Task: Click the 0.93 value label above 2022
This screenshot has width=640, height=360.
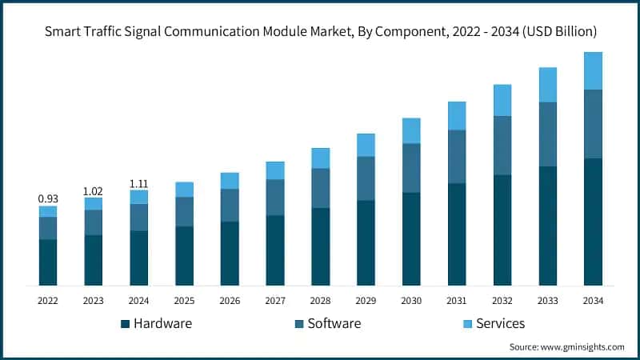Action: tap(48, 198)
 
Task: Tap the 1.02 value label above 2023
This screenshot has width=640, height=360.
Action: tap(94, 190)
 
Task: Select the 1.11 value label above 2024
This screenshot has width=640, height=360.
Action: tap(139, 184)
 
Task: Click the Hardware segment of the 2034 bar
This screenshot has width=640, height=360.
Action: tap(593, 222)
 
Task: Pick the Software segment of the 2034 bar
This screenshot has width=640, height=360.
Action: tap(593, 124)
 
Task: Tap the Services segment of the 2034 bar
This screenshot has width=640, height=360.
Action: tap(593, 70)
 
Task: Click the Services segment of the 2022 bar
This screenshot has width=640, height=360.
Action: tap(48, 211)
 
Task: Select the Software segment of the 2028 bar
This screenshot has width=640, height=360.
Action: tap(321, 188)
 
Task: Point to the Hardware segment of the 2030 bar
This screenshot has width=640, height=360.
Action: tap(411, 238)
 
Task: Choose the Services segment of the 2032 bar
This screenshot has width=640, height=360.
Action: tap(502, 100)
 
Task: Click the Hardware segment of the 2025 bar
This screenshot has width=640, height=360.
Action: tap(184, 255)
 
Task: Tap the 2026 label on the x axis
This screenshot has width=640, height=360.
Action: tap(230, 300)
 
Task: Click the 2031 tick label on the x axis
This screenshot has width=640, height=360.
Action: tap(457, 300)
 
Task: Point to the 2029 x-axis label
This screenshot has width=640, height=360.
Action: tap(366, 300)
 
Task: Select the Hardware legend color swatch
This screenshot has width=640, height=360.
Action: tap(125, 324)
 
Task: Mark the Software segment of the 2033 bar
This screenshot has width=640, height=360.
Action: tap(547, 134)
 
